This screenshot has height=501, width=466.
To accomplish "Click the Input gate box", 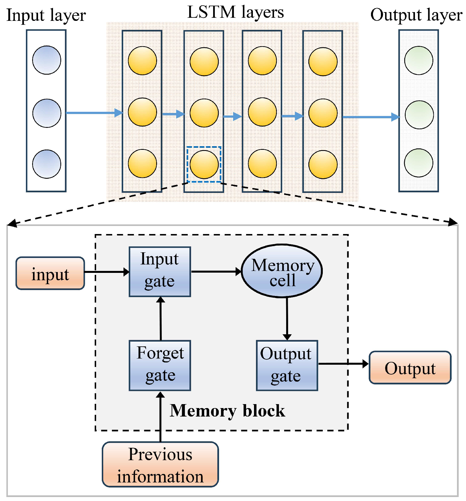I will (x=160, y=271).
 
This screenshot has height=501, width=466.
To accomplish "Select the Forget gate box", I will (x=160, y=365).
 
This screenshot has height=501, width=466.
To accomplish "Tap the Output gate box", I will (x=287, y=365).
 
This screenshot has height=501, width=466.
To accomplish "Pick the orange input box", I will (x=50, y=273).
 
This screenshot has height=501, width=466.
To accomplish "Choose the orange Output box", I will (x=410, y=367).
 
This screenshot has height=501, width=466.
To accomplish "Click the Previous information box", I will (x=160, y=464).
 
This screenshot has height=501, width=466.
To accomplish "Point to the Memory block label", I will (x=227, y=411).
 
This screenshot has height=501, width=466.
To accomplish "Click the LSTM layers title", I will (x=235, y=12).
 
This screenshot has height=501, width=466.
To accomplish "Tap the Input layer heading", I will (x=46, y=15).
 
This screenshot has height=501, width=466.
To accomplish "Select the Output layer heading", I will (x=416, y=15).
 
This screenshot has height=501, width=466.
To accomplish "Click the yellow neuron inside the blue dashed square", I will (x=204, y=164).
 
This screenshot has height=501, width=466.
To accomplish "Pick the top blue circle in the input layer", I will (x=47, y=60).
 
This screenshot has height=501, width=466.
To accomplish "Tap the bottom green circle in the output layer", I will (x=418, y=163).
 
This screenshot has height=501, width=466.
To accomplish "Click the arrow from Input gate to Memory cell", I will (x=216, y=271).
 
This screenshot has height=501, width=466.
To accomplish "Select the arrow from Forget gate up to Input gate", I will (x=161, y=318).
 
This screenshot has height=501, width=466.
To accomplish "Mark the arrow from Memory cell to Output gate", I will (x=287, y=318).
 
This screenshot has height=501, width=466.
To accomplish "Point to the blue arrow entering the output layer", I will (x=370, y=117).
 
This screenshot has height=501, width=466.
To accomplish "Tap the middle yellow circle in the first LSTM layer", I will (x=142, y=112).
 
